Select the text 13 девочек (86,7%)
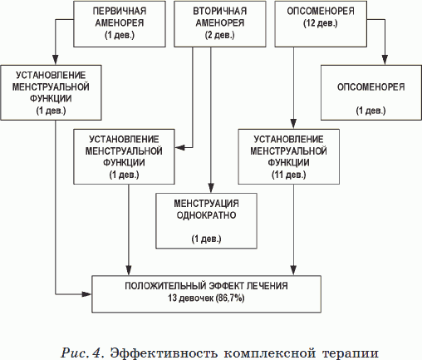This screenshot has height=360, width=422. pyautogui.click(x=206, y=297)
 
